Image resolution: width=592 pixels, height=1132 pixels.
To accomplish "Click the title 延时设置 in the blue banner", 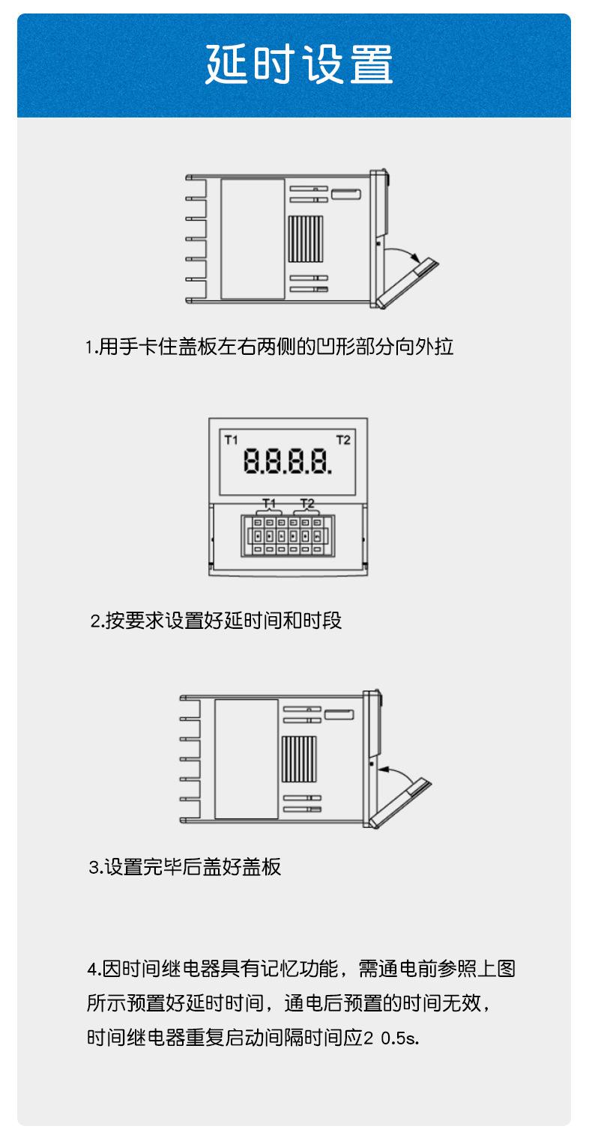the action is point(299,65).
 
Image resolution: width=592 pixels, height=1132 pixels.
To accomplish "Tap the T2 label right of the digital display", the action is point(343,439).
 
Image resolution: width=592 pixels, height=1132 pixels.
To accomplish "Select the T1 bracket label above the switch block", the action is point(269,502).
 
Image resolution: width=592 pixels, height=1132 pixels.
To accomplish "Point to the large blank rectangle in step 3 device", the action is point(246,759).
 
